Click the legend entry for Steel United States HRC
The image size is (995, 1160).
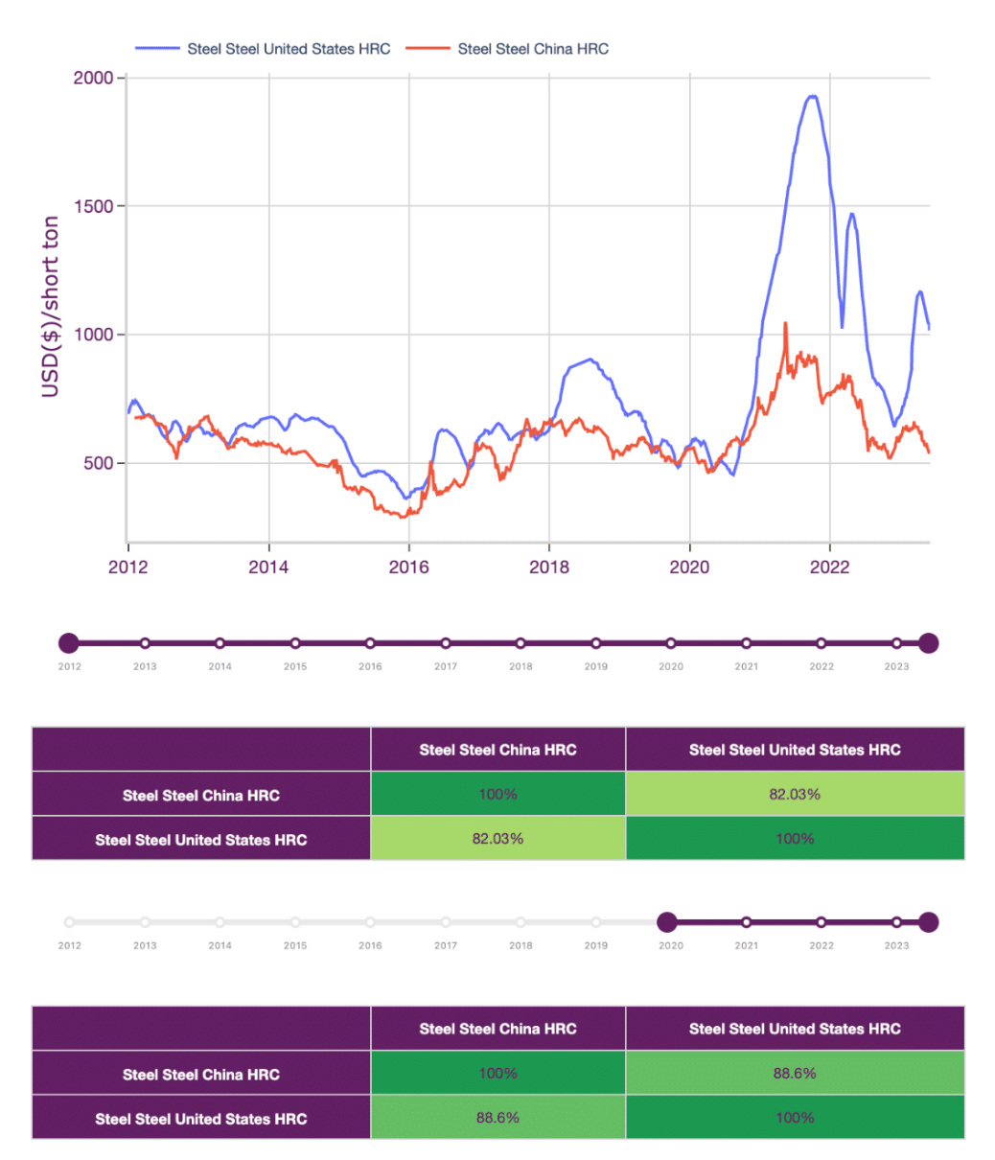289,49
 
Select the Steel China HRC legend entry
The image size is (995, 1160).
532,49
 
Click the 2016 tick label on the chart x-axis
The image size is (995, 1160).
408,567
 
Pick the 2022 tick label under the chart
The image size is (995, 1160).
829,567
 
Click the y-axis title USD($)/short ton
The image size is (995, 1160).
50,307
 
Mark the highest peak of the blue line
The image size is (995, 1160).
812,96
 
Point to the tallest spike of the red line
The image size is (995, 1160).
785,324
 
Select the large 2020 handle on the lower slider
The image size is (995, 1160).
667,922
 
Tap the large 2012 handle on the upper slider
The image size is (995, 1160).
68,642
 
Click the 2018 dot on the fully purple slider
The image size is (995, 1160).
521,642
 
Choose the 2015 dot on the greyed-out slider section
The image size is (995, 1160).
295,922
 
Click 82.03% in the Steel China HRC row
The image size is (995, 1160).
795,794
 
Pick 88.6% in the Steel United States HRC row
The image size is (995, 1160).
497,1118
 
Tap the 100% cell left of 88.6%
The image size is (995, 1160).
497,1074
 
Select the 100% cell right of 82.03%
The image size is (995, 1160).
795,839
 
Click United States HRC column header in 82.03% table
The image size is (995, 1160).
795,750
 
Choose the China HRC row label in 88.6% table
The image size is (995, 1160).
201,1074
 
